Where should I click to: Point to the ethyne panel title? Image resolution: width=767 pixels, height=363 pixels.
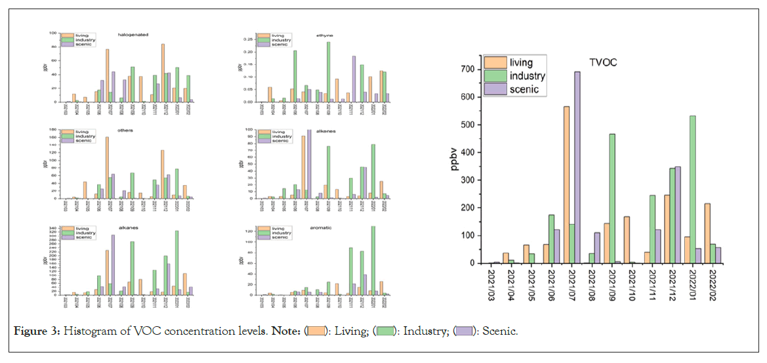click(324, 34)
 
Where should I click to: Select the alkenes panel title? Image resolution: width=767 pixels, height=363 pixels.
click(326, 131)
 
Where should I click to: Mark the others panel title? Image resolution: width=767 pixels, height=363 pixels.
click(125, 131)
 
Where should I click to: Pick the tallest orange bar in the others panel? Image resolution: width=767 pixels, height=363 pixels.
click(106, 167)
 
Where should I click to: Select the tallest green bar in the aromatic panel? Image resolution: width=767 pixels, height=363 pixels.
click(374, 261)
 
